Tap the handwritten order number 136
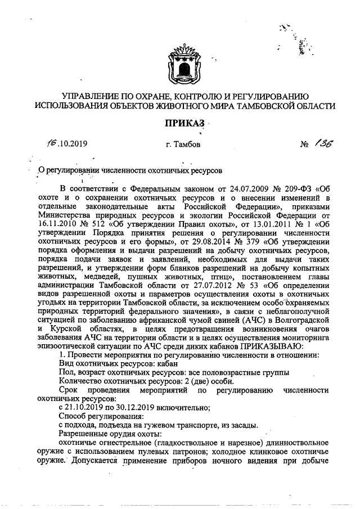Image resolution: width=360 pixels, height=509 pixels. [323, 145]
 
